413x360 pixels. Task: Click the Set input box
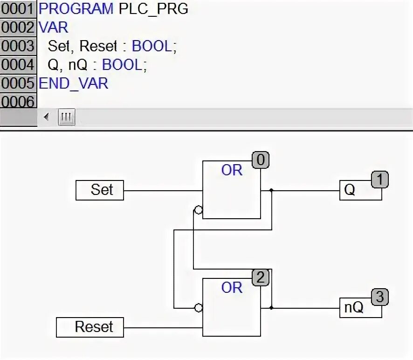(x=100, y=190)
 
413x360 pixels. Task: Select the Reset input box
(x=90, y=327)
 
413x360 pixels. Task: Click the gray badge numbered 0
(x=261, y=160)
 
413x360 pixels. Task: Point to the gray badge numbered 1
(x=379, y=180)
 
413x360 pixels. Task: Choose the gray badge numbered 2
(x=261, y=278)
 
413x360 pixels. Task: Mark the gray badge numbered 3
(x=379, y=297)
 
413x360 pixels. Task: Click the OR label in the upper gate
(x=232, y=170)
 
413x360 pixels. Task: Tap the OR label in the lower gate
(x=232, y=288)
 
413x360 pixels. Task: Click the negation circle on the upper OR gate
(x=199, y=210)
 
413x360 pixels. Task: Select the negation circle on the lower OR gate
(x=199, y=308)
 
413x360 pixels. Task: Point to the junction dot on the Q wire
(x=271, y=190)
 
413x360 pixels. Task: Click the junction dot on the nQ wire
(x=271, y=308)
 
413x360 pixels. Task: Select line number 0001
(x=18, y=8)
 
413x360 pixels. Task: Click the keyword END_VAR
(x=73, y=83)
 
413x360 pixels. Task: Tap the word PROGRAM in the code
(x=76, y=8)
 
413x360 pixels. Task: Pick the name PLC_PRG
(x=153, y=8)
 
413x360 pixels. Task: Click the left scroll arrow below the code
(x=46, y=117)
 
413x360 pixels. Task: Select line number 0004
(x=18, y=64)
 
